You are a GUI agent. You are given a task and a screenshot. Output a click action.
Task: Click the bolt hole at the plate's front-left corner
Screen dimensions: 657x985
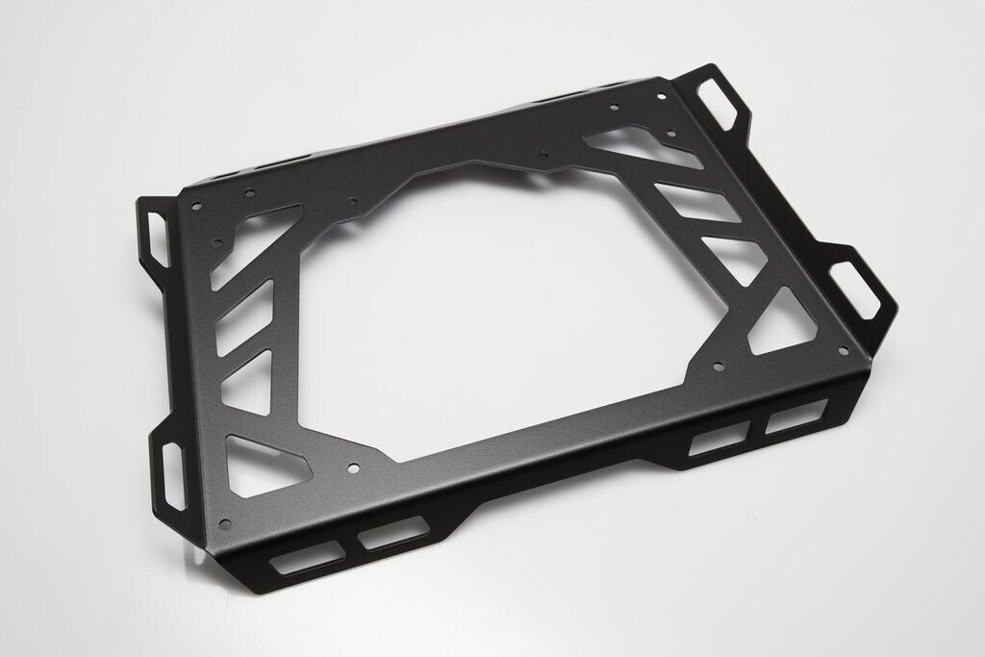(x=224, y=524)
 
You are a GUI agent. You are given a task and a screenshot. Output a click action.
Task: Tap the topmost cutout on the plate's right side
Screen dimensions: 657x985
(x=635, y=145)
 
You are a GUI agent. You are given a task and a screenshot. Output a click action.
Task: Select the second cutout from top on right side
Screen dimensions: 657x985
(x=699, y=201)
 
